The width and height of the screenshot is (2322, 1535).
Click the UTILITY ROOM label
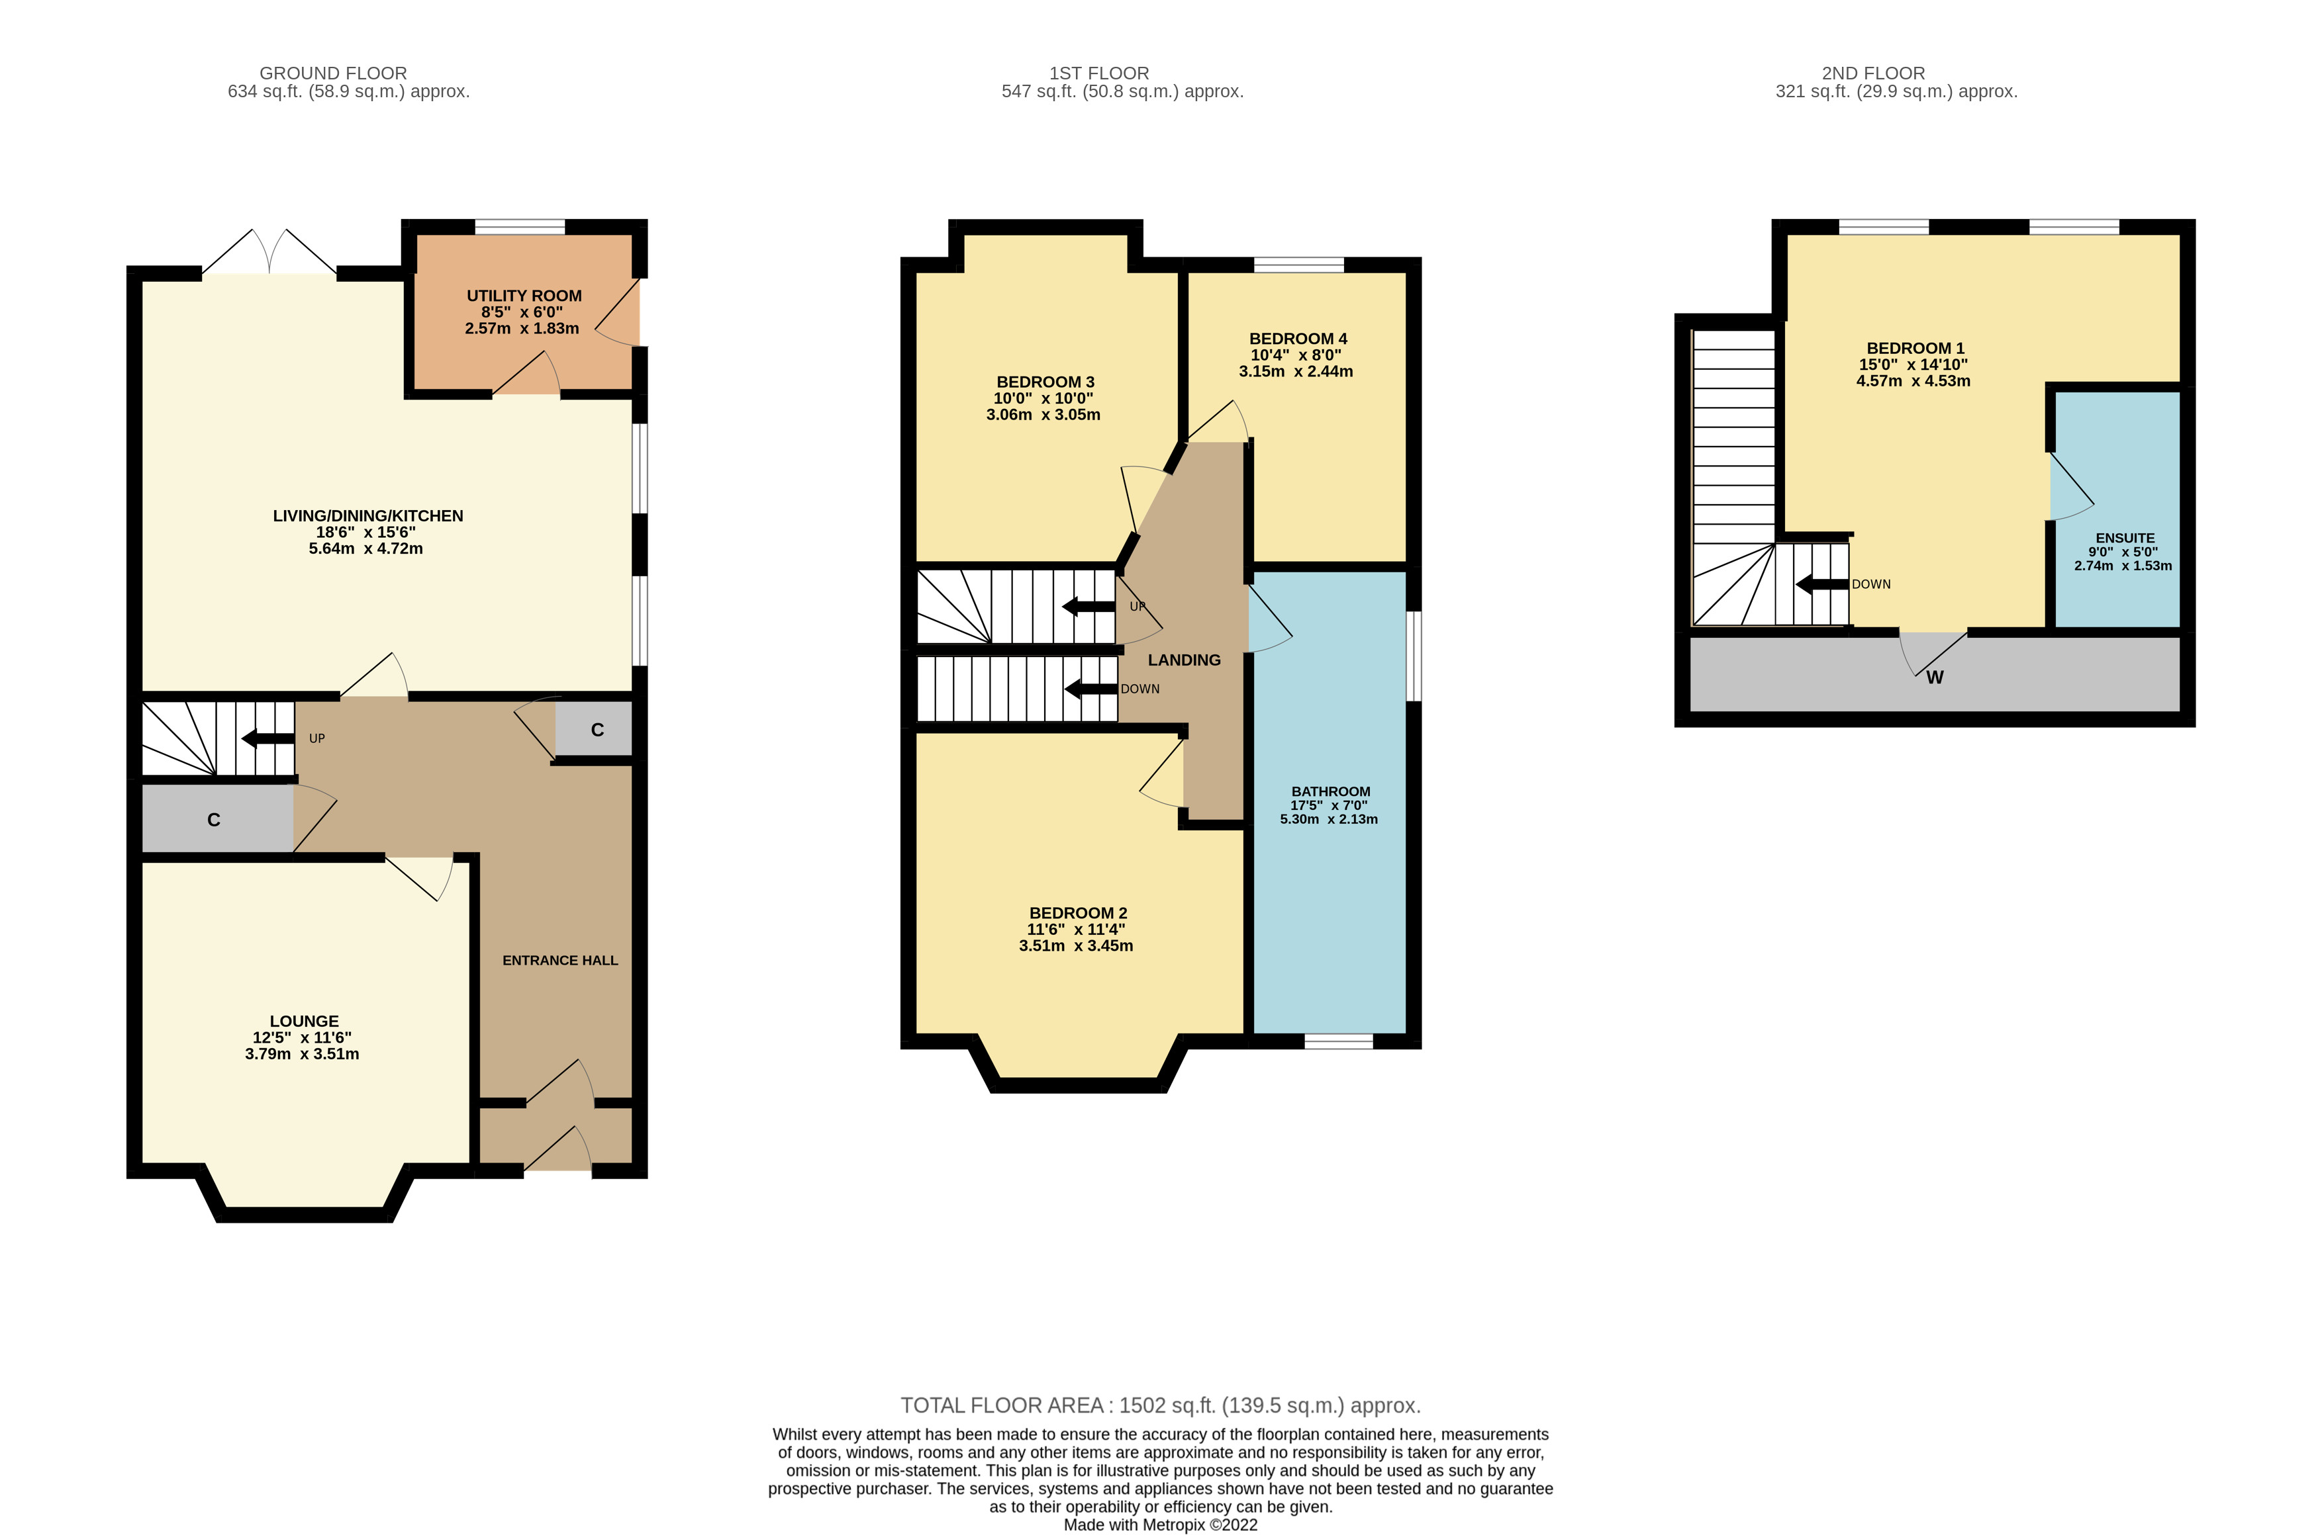(523, 296)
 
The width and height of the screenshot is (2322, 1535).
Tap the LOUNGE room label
(304, 1021)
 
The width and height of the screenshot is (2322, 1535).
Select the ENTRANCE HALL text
(560, 960)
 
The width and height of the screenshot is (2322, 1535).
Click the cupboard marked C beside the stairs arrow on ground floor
(213, 819)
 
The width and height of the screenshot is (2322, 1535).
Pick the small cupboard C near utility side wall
(597, 729)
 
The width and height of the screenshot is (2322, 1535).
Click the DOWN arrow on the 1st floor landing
(1090, 689)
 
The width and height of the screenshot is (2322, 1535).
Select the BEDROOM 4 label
(1298, 339)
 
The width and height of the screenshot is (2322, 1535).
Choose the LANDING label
(1184, 660)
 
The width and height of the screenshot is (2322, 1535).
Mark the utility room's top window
(520, 227)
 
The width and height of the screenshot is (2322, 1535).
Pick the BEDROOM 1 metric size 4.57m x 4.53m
(1913, 381)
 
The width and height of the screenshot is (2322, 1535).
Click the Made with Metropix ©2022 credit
(1161, 1524)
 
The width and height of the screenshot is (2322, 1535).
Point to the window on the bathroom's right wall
(1413, 656)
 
